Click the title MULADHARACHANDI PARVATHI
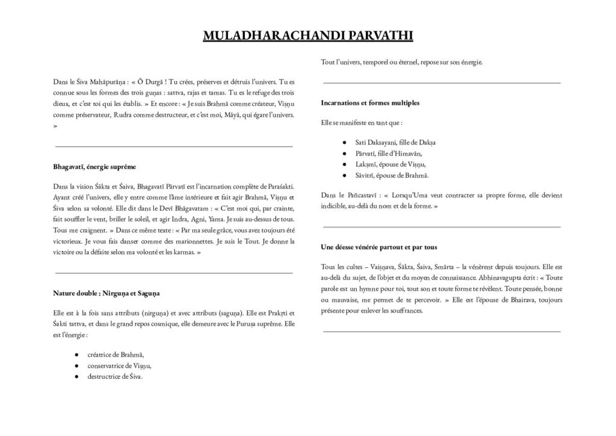pyautogui.click(x=307, y=36)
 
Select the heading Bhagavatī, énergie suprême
pyautogui.click(x=94, y=166)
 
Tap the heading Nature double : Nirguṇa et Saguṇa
pyautogui.click(x=106, y=293)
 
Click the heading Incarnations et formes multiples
pyautogui.click(x=371, y=103)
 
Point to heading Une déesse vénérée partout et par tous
pyautogui.click(x=379, y=247)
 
